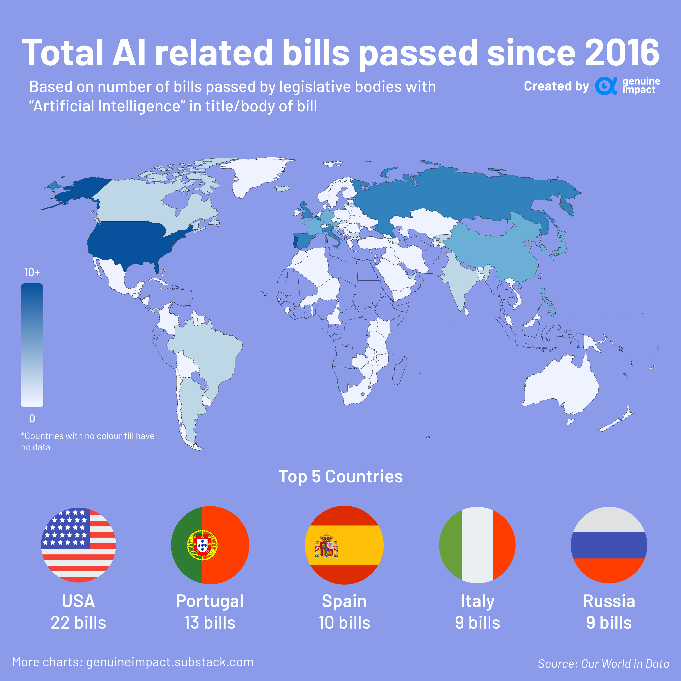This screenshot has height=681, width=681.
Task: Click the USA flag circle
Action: tap(78, 545)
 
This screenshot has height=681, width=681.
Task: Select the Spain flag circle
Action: tap(344, 545)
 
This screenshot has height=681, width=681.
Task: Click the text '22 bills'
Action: tap(78, 623)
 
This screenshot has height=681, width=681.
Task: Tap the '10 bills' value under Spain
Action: tap(344, 623)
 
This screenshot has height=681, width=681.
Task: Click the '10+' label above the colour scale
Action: tap(32, 272)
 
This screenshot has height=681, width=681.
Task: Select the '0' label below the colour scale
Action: tap(32, 418)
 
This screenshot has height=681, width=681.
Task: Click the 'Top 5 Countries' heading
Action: tap(340, 477)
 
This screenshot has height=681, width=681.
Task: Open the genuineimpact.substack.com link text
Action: tap(170, 662)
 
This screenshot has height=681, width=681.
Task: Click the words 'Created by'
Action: tap(556, 86)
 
